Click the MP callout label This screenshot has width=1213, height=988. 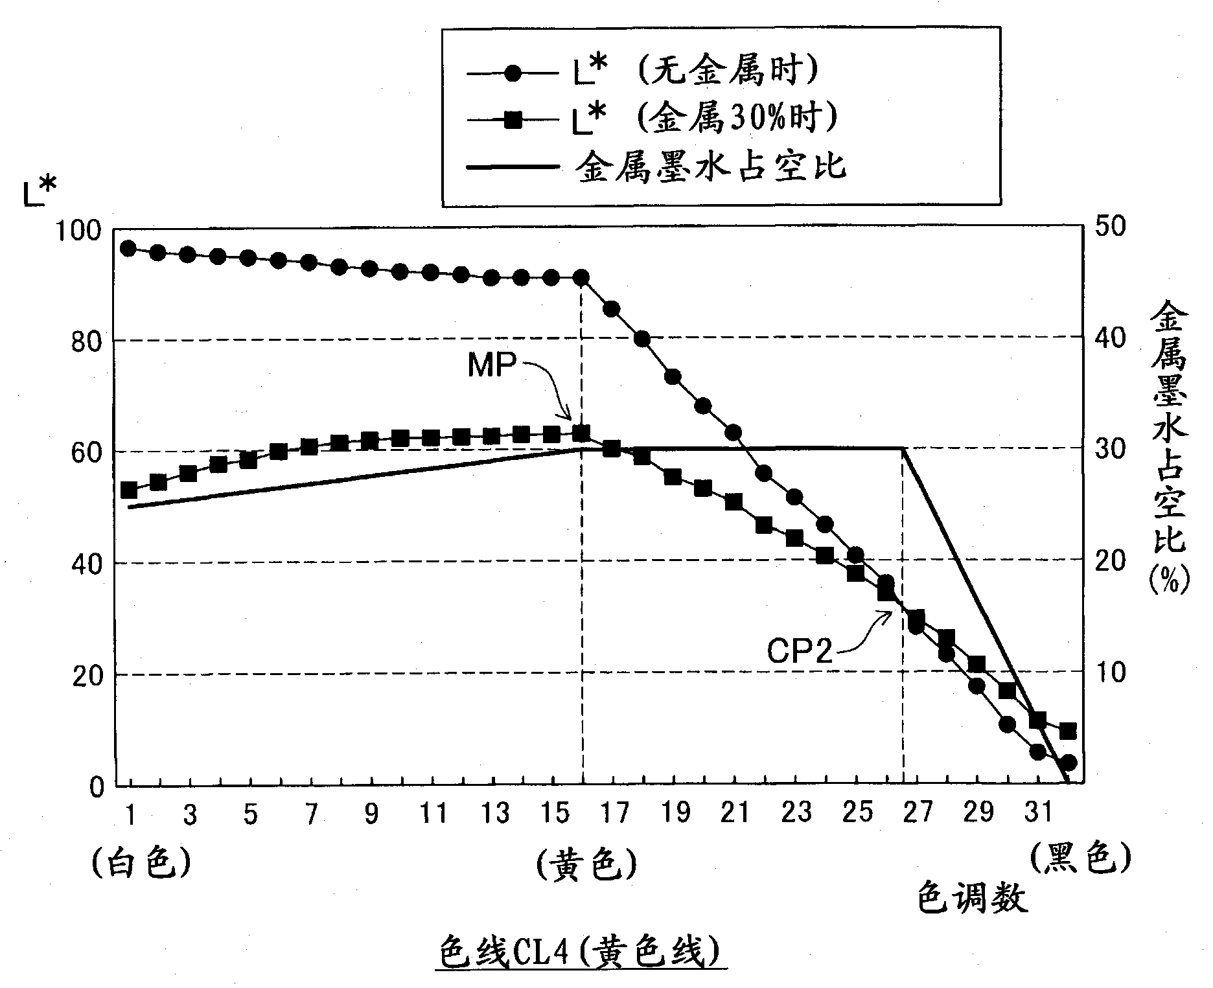coord(492,367)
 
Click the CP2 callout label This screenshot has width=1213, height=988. coord(799,652)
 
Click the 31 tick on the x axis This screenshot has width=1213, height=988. coord(1037,812)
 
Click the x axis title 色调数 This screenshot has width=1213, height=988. coord(972,901)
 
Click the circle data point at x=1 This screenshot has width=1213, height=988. coord(128,249)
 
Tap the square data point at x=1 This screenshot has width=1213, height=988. coord(128,490)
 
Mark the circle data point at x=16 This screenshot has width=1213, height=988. coord(581,278)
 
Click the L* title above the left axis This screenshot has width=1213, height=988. coord(40,193)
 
